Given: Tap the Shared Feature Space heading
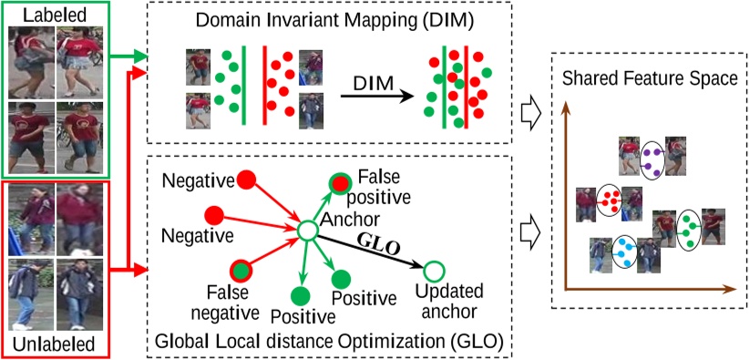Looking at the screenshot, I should [x=649, y=79].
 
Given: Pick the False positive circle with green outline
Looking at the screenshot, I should [x=339, y=184].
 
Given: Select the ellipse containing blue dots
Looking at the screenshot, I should [x=624, y=250].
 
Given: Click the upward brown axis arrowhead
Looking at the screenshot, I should [x=566, y=106].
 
